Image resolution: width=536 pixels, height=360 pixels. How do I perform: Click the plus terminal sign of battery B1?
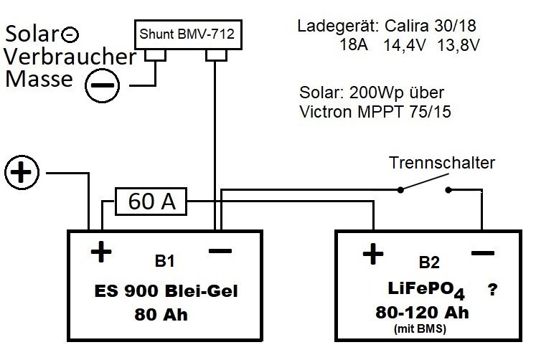pos(101,252)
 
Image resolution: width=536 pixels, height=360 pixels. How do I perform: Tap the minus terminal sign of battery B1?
pos(220,251)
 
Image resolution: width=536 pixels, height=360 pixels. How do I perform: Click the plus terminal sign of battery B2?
pos(373,254)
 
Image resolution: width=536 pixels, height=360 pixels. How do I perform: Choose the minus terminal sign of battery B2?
pos(483,253)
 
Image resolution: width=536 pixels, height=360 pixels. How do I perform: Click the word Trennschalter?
pos(442,163)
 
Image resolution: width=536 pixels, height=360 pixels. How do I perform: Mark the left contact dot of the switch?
pos(400,190)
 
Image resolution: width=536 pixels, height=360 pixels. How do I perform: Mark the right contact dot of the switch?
pos(448,190)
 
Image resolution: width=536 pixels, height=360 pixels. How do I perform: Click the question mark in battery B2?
pos(492,290)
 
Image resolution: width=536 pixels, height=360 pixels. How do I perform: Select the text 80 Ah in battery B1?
pos(161,315)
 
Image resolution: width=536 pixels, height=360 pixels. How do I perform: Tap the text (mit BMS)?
pos(420,329)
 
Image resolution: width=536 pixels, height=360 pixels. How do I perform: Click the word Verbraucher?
pos(70,57)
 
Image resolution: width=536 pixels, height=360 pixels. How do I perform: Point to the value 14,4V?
pos(405,45)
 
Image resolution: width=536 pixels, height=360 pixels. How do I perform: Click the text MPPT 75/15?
pos(404,112)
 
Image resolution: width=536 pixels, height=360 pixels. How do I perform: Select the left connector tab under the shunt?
pos(155,55)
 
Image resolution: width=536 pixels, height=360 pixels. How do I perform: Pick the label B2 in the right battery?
pos(429,262)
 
